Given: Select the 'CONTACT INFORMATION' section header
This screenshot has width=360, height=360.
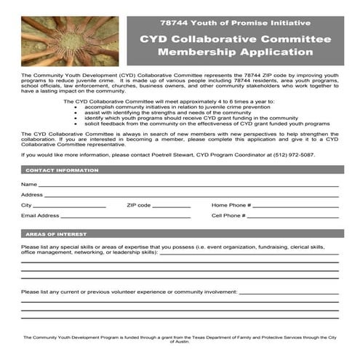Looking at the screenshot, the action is (x=63, y=170).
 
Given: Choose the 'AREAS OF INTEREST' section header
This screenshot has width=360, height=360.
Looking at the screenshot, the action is (x=57, y=234).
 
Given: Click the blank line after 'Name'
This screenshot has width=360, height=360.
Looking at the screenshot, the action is (x=189, y=185).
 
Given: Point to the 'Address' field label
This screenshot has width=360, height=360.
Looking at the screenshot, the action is (x=32, y=195).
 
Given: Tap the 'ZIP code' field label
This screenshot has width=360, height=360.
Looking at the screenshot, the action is (x=139, y=206).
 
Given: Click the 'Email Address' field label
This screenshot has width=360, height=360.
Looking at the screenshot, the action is (x=40, y=216).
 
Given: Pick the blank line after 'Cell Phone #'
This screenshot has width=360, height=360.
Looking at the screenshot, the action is (x=295, y=216).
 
